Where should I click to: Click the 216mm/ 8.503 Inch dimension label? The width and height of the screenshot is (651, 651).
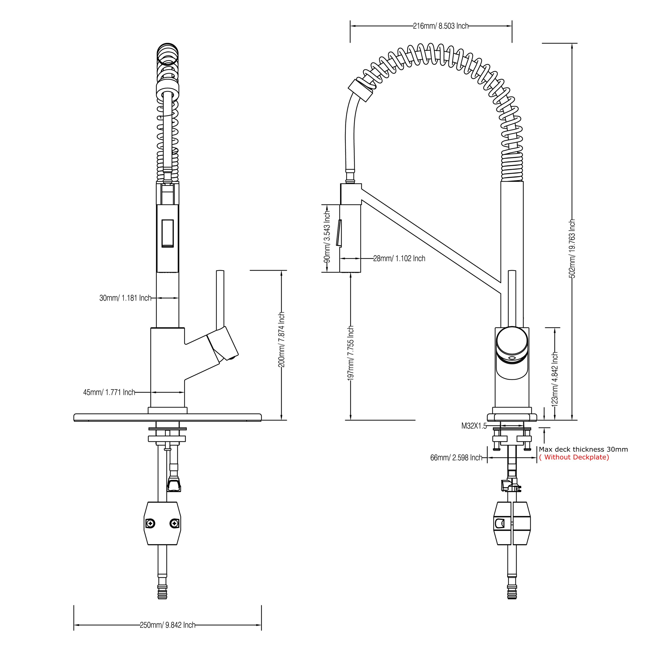441,26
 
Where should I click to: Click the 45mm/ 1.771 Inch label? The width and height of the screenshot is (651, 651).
109,392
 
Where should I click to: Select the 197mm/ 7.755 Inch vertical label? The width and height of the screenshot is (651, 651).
350,353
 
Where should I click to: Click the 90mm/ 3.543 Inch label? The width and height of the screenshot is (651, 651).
327,237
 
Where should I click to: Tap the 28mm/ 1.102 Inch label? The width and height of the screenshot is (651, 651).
399,258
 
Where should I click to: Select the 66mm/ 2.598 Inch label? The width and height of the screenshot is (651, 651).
456,458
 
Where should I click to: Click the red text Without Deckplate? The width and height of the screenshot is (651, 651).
574,457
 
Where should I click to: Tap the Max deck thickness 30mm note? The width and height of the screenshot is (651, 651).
583,449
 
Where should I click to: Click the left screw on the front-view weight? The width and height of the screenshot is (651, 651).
150,523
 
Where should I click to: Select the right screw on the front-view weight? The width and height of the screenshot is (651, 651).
174,523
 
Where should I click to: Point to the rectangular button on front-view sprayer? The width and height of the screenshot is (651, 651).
168,233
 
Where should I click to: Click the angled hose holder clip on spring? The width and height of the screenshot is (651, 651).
360,90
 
